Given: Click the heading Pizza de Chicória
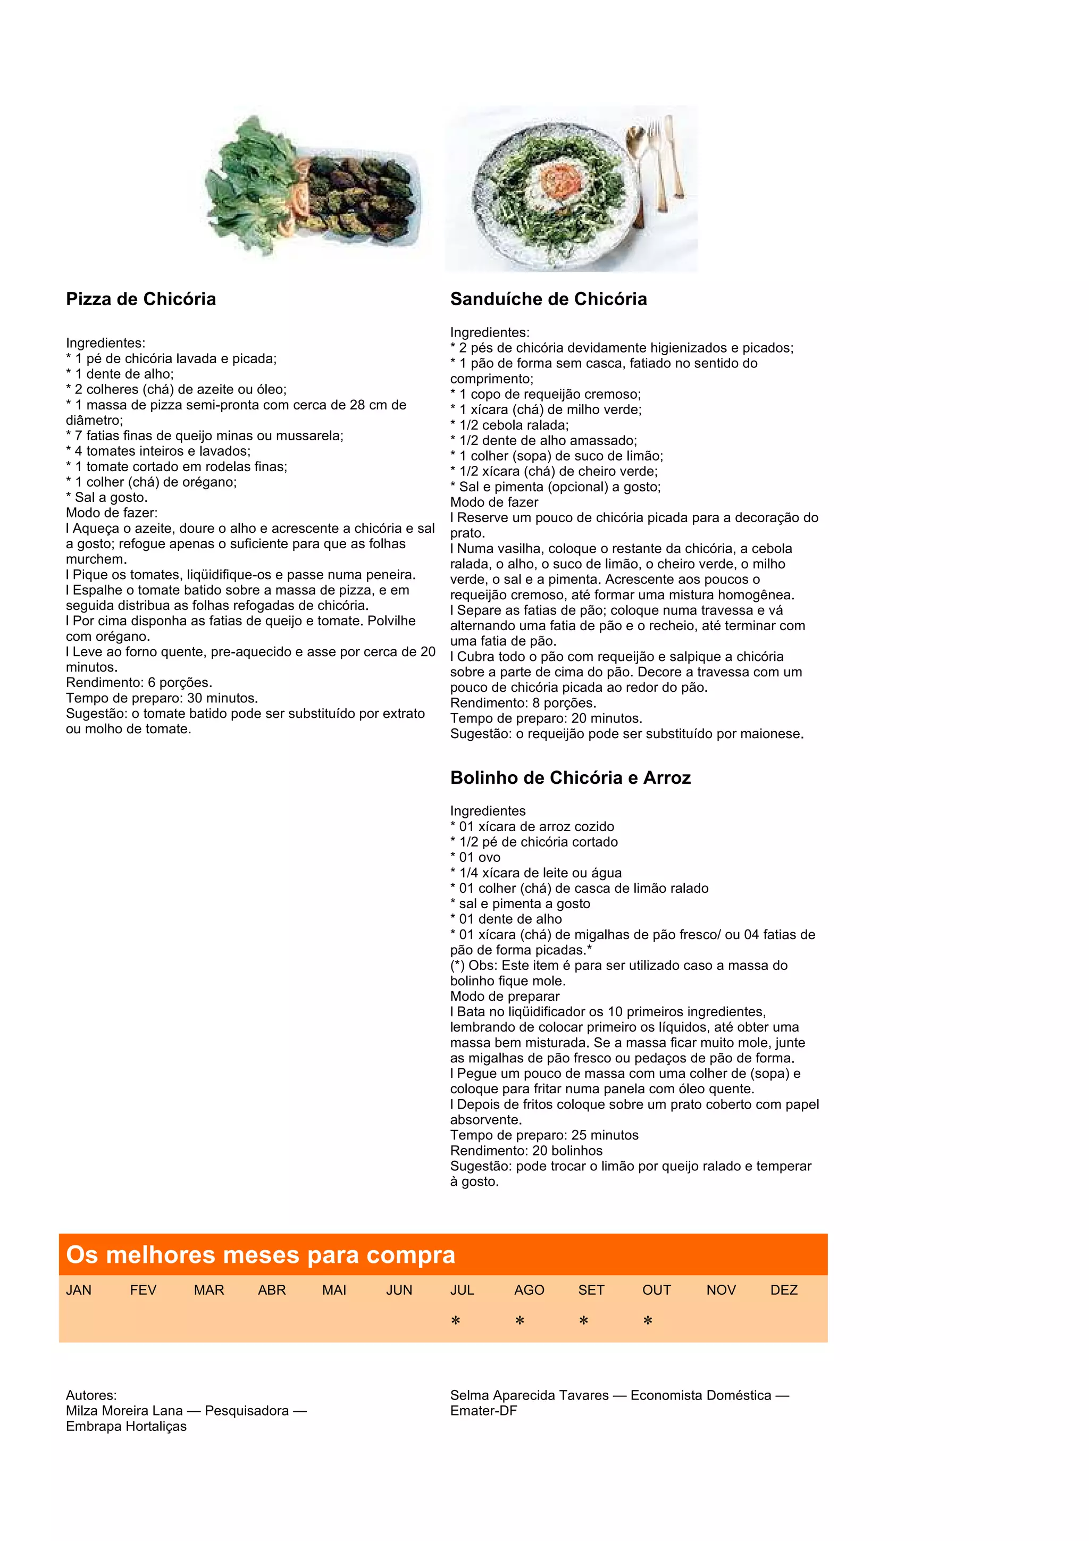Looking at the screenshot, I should click(x=141, y=299).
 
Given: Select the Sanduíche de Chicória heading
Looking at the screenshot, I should click(x=548, y=299).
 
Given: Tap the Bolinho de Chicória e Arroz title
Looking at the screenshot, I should click(x=571, y=778).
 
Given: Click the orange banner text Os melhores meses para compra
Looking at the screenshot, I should click(x=261, y=1255).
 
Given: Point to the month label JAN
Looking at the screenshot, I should click(x=79, y=1290).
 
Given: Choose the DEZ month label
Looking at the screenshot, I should click(x=784, y=1290).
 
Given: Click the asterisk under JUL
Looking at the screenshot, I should click(x=456, y=1321).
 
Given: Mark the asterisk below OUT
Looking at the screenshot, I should click(x=648, y=1321).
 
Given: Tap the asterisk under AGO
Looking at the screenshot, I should click(x=520, y=1321).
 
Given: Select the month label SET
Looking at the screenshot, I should click(x=591, y=1290).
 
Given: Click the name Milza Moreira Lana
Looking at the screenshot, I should click(x=124, y=1411).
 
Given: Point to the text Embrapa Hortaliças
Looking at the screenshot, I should click(x=126, y=1426).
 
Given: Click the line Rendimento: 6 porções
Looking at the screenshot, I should click(x=139, y=683).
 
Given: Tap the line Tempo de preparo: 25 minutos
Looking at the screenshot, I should click(x=544, y=1135).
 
